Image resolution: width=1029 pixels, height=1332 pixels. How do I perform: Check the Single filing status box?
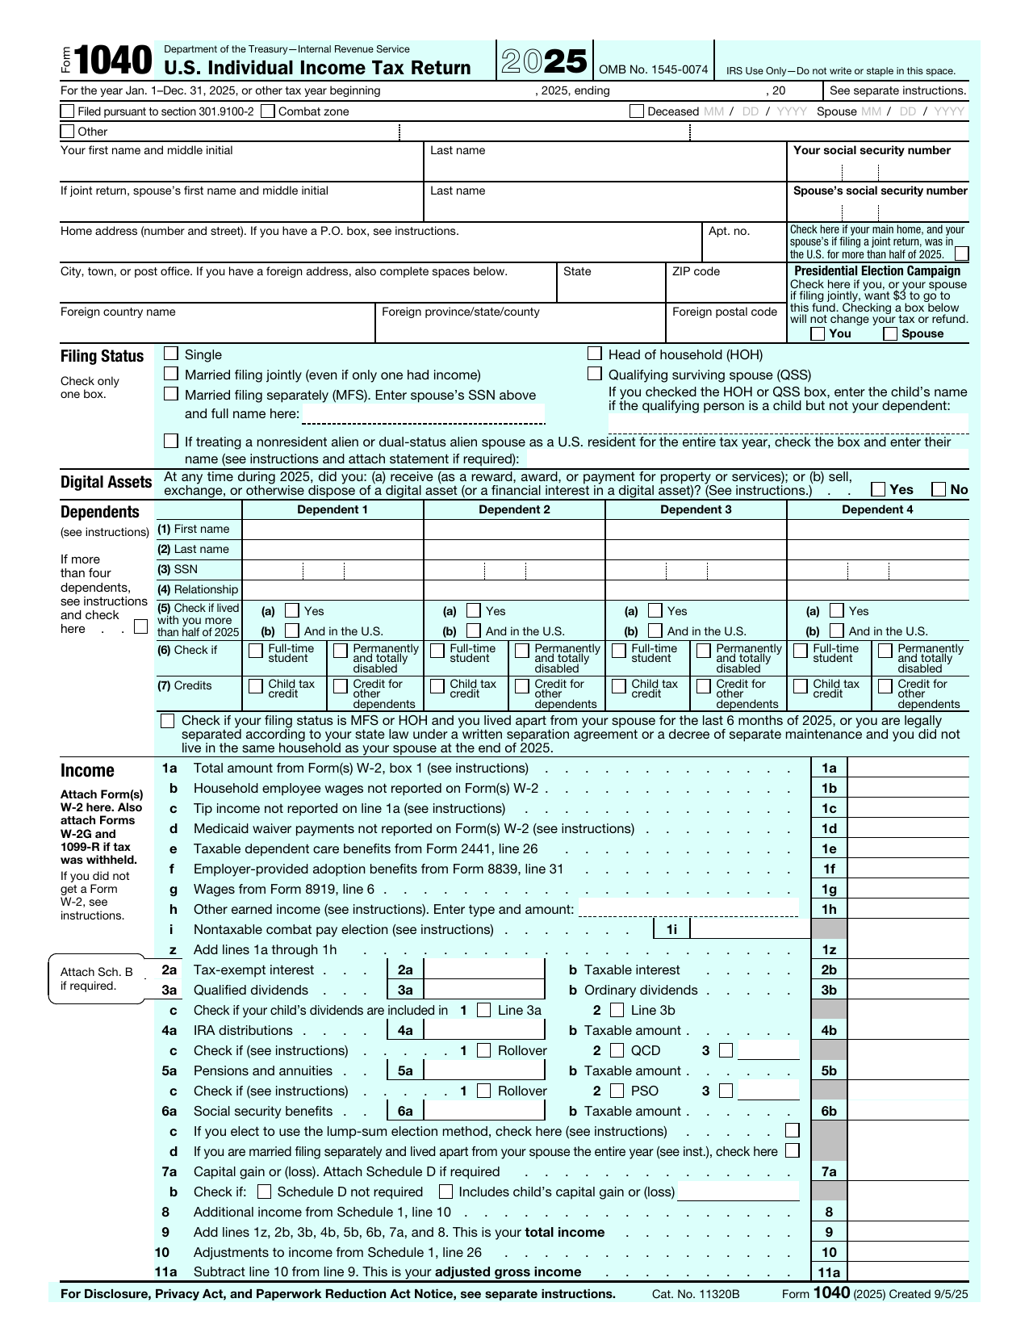pos(171,354)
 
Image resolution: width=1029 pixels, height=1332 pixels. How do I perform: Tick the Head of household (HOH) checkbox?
pos(595,354)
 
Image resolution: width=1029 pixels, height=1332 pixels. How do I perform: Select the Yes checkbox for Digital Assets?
pos(878,489)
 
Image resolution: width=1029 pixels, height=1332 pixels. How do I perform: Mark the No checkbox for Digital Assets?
pos(939,489)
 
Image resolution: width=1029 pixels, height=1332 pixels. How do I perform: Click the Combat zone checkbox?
pos(268,111)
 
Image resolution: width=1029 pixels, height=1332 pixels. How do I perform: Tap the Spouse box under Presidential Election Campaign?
pos(890,333)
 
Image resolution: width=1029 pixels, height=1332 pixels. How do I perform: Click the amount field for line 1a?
pos(907,768)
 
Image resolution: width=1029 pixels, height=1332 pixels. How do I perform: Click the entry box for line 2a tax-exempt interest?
pos(484,970)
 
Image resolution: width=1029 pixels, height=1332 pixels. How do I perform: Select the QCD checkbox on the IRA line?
pos(617,1050)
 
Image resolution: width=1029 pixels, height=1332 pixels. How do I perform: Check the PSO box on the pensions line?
pos(617,1091)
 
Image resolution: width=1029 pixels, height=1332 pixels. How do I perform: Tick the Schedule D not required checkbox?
pos(265,1192)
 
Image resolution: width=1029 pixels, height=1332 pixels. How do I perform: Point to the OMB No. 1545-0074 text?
pos(653,70)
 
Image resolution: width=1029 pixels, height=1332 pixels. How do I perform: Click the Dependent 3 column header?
pos(696,509)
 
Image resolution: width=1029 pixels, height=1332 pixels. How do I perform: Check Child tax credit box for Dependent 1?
pos(256,686)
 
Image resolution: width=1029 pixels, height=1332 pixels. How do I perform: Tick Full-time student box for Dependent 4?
pos(801,651)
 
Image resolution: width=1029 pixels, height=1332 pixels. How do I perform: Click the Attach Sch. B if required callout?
pos(96,978)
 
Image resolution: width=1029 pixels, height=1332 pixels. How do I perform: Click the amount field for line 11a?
pos(907,1272)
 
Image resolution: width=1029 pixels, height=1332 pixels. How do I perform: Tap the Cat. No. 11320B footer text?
pos(696,1294)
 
